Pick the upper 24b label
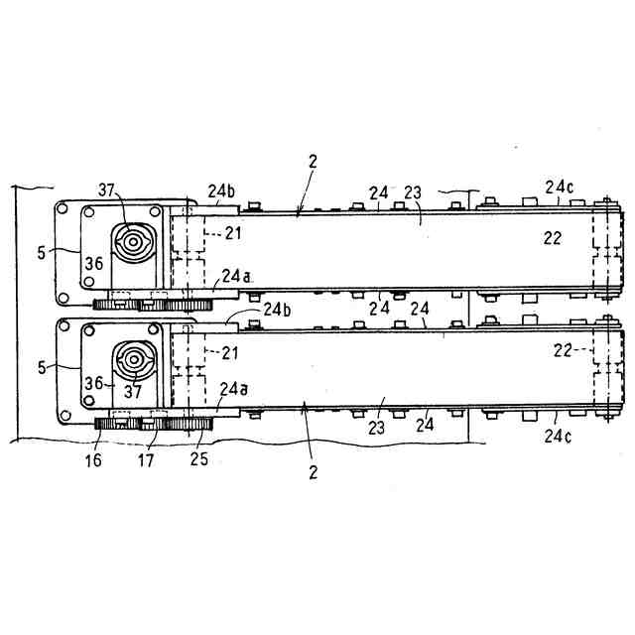[221, 190]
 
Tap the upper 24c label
[558, 186]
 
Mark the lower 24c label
[557, 434]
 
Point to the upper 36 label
[94, 263]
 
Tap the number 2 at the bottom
[313, 471]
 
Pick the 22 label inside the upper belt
[553, 237]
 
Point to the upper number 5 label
[41, 253]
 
